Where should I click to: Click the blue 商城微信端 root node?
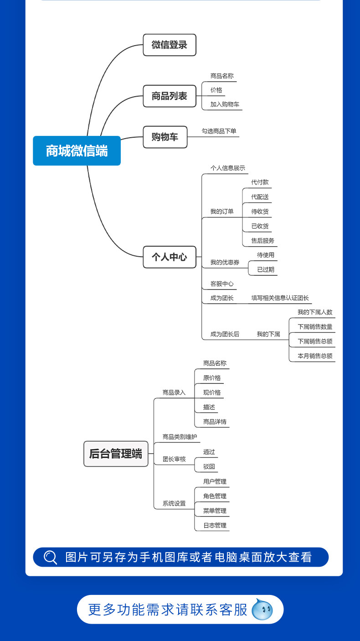(77, 150)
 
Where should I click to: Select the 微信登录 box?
(170, 45)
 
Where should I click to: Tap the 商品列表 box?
(170, 96)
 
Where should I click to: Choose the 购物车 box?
(165, 137)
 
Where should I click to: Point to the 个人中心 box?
(170, 257)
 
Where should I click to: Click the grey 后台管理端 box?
(116, 454)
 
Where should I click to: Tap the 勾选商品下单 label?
(219, 131)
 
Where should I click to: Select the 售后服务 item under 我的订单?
(262, 241)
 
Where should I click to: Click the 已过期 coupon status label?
(266, 269)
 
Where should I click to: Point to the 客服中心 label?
(222, 284)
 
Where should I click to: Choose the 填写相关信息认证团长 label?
(280, 298)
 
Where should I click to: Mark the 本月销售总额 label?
(315, 356)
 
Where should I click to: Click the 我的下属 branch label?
(268, 334)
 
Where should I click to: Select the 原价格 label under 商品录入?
(212, 378)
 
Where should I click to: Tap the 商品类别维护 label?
(180, 437)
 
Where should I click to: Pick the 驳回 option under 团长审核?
(209, 467)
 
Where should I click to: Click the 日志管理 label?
(215, 526)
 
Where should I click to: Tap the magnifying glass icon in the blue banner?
(50, 557)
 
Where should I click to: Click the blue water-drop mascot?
(262, 610)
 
